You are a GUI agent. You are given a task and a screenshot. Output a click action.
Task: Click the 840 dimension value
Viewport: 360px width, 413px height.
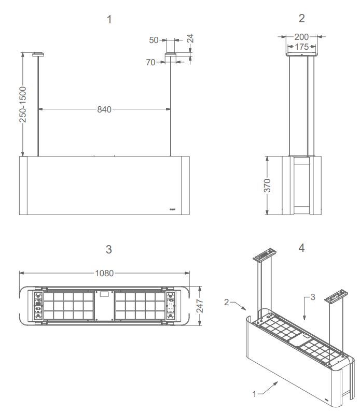coord(105,109)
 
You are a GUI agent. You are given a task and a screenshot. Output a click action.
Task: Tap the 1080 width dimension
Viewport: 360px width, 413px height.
coord(105,273)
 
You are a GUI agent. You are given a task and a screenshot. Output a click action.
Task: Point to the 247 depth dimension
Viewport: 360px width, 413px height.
coord(200,306)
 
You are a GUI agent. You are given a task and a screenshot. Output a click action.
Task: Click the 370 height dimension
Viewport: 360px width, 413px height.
coord(267,185)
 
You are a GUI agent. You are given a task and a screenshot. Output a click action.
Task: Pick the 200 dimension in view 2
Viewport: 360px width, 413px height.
coord(301,37)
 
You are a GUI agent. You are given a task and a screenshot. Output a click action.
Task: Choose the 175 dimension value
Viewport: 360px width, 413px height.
coord(301,47)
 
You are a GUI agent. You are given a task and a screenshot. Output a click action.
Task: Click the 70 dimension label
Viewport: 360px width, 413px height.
coord(151,62)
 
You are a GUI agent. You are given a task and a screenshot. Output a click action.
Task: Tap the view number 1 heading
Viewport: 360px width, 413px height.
coord(109,20)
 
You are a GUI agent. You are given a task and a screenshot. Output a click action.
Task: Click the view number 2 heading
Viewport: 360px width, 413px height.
coord(301,19)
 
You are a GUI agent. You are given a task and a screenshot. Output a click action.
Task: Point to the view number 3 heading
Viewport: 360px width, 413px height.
coord(108,249)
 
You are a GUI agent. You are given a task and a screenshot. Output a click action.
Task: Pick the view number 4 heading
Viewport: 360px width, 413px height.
coord(301,248)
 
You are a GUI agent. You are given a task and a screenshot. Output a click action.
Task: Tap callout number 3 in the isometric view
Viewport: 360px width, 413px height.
coord(313,297)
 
